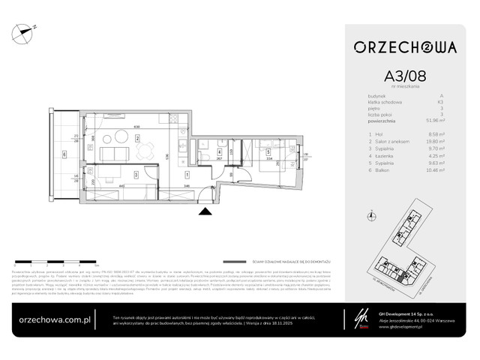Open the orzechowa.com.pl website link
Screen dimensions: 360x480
coord(54,318)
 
